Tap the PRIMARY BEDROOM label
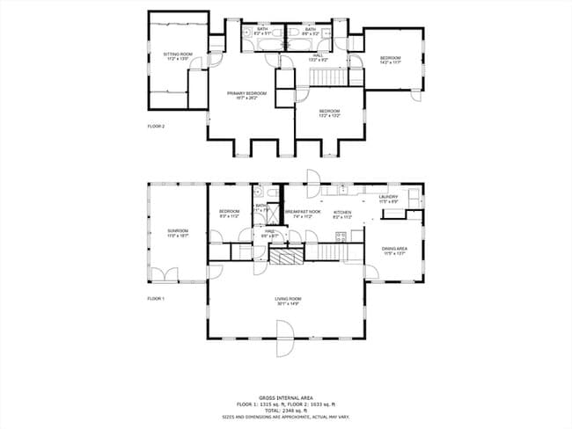point(246,94)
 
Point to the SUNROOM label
point(178,233)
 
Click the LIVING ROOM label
point(288,301)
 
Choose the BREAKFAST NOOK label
point(302,213)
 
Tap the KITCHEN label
point(342,213)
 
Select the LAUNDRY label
point(388,198)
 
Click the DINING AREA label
point(393,250)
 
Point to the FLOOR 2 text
point(156,127)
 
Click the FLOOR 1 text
point(156,299)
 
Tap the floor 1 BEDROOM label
point(229,212)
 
